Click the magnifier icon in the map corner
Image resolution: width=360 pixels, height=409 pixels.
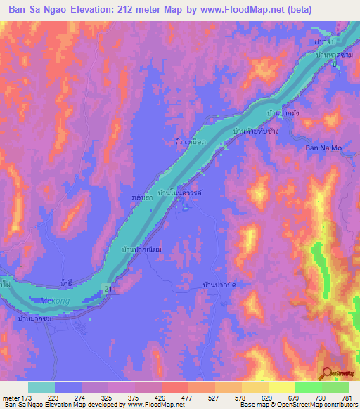pyautogui.click(x=328, y=373)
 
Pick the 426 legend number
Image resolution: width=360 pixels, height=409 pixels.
pyautogui.click(x=161, y=399)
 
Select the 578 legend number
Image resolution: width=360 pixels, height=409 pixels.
pyautogui.click(x=241, y=399)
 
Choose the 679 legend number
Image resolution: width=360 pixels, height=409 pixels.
pyautogui.click(x=295, y=399)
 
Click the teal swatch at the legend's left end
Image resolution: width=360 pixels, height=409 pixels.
pyautogui.click(x=41, y=387)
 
